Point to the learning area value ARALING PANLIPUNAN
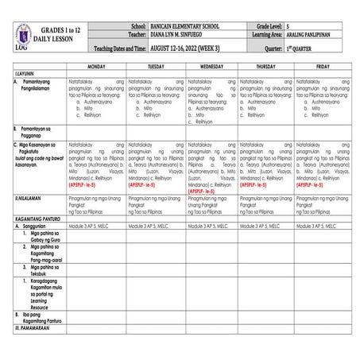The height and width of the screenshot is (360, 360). click(x=326, y=36)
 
